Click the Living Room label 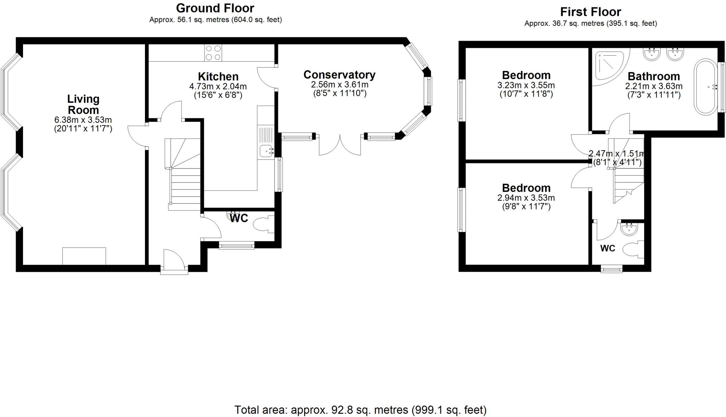(x=83, y=104)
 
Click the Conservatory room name (x=339, y=75)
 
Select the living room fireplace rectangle (x=84, y=256)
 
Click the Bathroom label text (x=654, y=76)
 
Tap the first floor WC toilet (x=634, y=249)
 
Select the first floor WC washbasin (x=630, y=229)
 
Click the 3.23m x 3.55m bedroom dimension (x=526, y=85)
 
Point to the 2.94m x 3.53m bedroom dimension (x=526, y=198)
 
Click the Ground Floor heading (x=215, y=8)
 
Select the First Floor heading (x=591, y=12)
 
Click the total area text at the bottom (x=360, y=410)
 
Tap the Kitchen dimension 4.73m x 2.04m (x=218, y=86)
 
